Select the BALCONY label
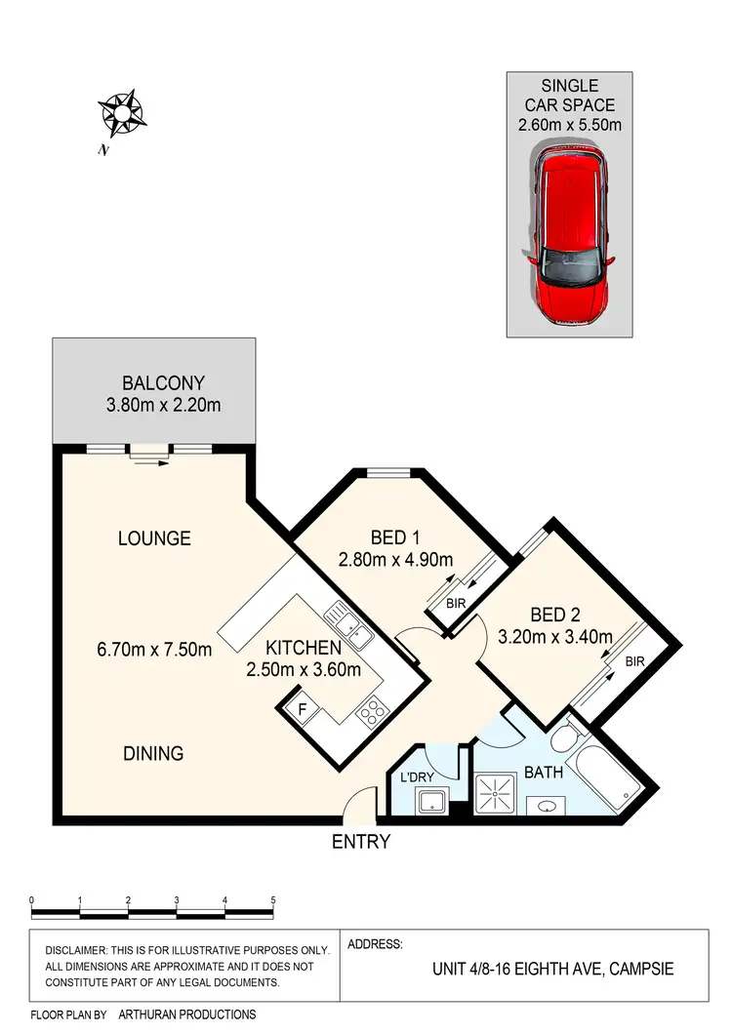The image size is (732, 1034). (x=164, y=383)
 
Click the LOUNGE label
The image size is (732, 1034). (x=154, y=538)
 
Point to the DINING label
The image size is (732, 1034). (x=153, y=753)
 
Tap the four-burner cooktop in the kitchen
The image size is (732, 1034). (x=372, y=713)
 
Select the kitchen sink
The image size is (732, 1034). (x=348, y=627)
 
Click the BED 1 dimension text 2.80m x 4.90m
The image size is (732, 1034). (x=396, y=560)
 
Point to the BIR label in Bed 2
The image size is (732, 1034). (x=635, y=661)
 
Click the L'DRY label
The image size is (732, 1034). (x=417, y=779)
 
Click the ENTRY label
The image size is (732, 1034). (x=361, y=841)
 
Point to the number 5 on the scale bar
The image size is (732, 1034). (x=273, y=898)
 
